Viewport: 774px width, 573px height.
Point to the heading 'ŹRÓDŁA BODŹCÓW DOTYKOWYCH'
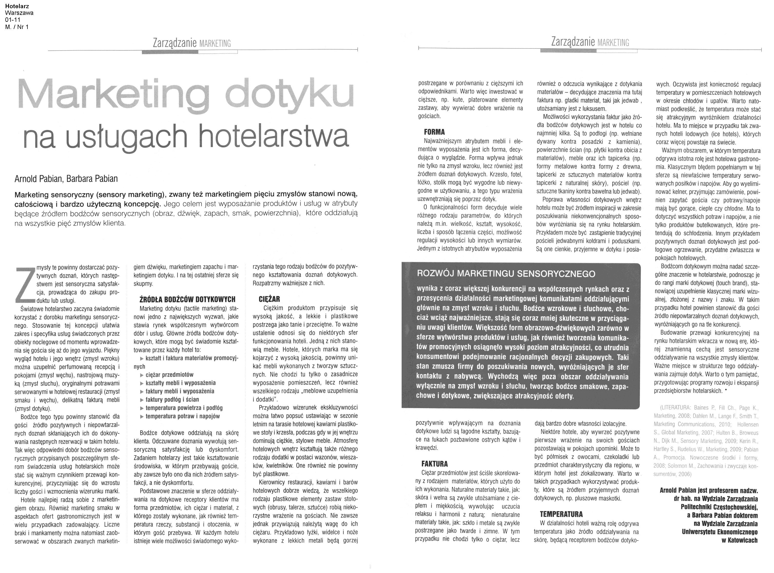click(187, 299)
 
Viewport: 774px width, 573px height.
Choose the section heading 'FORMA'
click(434, 132)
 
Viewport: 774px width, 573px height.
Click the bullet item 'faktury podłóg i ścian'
click(172, 400)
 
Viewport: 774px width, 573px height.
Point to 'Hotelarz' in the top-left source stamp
click(17, 6)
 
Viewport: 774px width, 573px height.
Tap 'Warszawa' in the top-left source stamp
click(20, 13)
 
